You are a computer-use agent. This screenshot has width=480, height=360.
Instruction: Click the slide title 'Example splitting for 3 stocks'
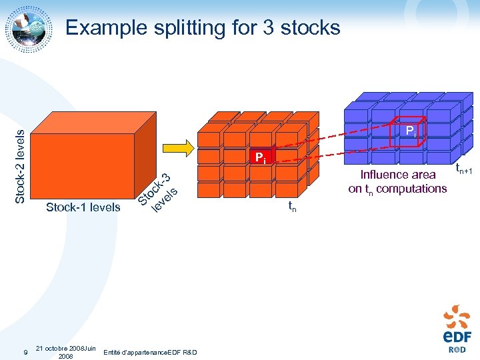coord(203,27)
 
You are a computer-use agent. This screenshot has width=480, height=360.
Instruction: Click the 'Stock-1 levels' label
coord(83,207)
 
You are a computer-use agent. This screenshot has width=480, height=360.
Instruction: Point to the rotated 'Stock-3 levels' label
coord(157,194)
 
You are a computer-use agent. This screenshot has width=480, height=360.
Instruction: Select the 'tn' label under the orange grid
coord(292,207)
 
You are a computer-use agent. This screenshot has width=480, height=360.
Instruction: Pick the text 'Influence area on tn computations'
coord(397,181)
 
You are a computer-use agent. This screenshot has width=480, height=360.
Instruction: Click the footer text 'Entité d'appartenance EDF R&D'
coord(151,351)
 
